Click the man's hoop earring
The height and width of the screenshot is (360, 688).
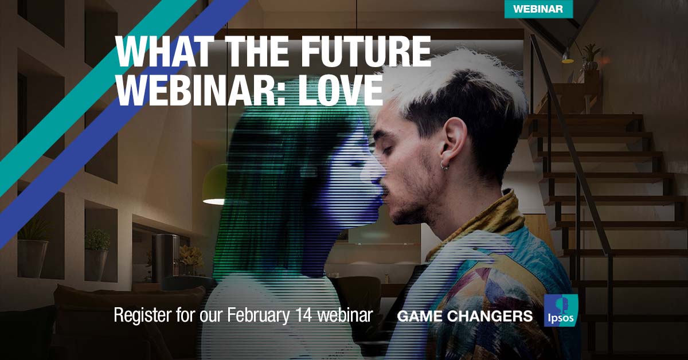[x=445, y=166]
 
